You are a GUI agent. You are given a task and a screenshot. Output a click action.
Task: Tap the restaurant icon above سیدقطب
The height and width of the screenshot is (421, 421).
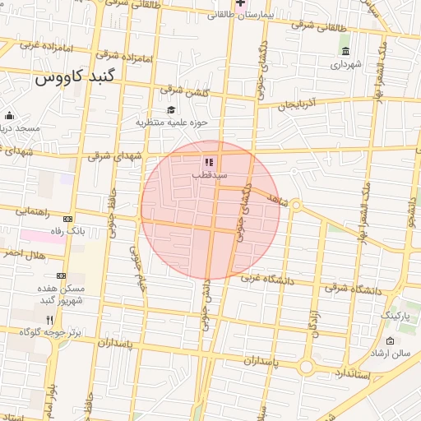pos(209,162)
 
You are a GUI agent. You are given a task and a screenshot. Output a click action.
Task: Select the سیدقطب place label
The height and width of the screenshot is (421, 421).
pos(210,175)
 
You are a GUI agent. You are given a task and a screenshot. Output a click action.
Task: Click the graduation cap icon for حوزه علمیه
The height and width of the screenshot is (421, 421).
pos(171,110)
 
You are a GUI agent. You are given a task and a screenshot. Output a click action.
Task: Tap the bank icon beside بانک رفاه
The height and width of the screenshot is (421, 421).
pos(67,219)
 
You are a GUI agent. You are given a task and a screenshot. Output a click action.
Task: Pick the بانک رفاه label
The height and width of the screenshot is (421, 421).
pos(68,231)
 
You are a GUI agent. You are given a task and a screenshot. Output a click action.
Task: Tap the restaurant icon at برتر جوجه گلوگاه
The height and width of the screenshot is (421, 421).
pos(49,320)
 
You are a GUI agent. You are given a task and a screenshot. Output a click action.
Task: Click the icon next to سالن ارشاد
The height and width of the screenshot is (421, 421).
pos(390,340)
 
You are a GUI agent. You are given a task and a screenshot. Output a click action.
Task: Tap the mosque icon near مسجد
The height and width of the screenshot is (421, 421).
pos(9,116)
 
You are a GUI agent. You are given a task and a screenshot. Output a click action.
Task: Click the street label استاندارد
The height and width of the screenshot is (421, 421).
pos(353,372)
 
